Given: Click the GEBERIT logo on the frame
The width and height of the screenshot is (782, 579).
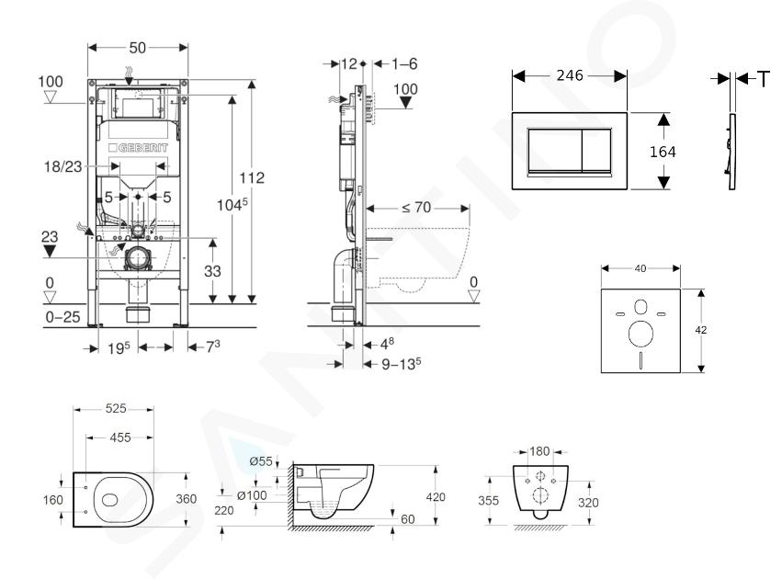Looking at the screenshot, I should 141,147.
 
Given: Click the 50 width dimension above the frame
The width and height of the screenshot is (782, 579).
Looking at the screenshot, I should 138,46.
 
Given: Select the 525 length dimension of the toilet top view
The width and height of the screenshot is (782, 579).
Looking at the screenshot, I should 114,408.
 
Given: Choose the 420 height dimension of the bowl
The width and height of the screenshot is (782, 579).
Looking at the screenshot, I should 437,497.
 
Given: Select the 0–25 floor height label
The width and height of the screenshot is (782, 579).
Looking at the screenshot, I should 62,316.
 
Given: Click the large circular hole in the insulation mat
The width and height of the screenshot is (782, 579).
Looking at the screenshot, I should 640,329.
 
